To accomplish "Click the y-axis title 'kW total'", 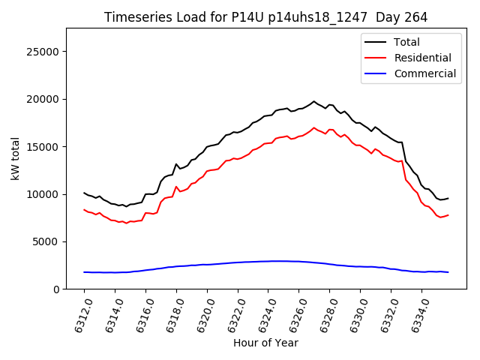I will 15,158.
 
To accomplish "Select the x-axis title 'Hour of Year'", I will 265,343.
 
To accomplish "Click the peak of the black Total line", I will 314,101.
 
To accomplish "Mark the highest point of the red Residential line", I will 314,127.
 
